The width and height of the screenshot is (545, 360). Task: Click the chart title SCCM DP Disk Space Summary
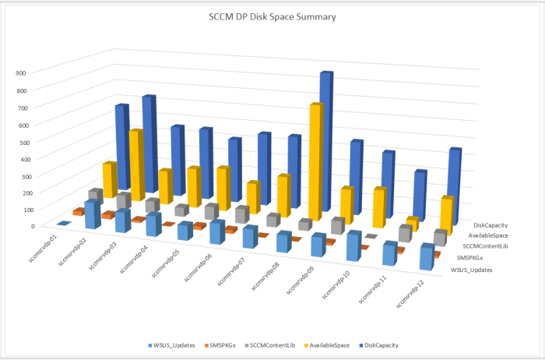point(272,16)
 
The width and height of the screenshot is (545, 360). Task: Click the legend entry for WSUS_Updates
point(172,344)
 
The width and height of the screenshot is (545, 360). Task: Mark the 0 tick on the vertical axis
point(33,226)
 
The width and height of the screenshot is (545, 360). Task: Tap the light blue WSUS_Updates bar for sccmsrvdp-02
point(93,214)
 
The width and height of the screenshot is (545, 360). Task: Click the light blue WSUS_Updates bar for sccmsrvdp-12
point(426,257)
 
